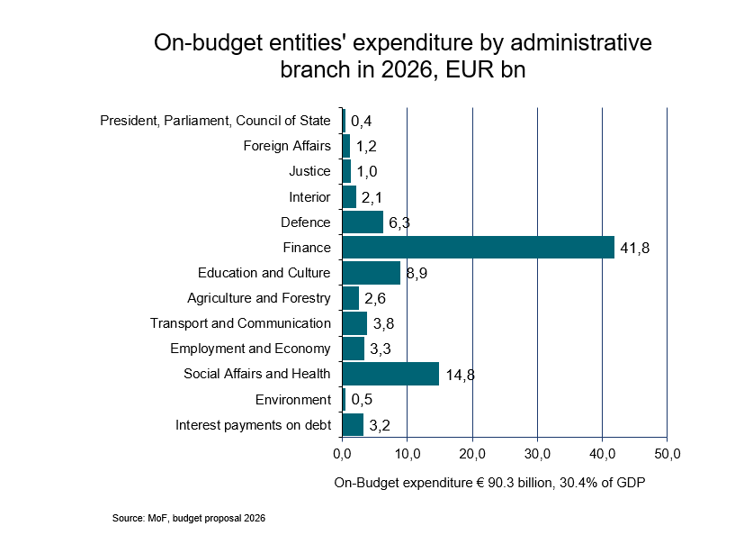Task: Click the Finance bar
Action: coord(478,247)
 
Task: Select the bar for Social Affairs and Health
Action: coord(390,374)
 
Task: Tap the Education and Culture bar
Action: coord(372,273)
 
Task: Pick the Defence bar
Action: coord(363,222)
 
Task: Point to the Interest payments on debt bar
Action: coord(353,424)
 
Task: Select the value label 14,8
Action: coord(460,375)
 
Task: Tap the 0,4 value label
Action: coord(362,122)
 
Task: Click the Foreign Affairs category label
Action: coord(287,146)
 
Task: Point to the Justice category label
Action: coord(309,171)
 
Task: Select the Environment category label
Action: coord(292,399)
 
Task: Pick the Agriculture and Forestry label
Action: coord(259,298)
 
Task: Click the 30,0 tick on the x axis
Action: coord(537,451)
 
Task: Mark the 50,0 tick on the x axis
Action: coord(667,451)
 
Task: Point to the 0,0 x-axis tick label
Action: coord(343,451)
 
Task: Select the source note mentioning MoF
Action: coord(189,519)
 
